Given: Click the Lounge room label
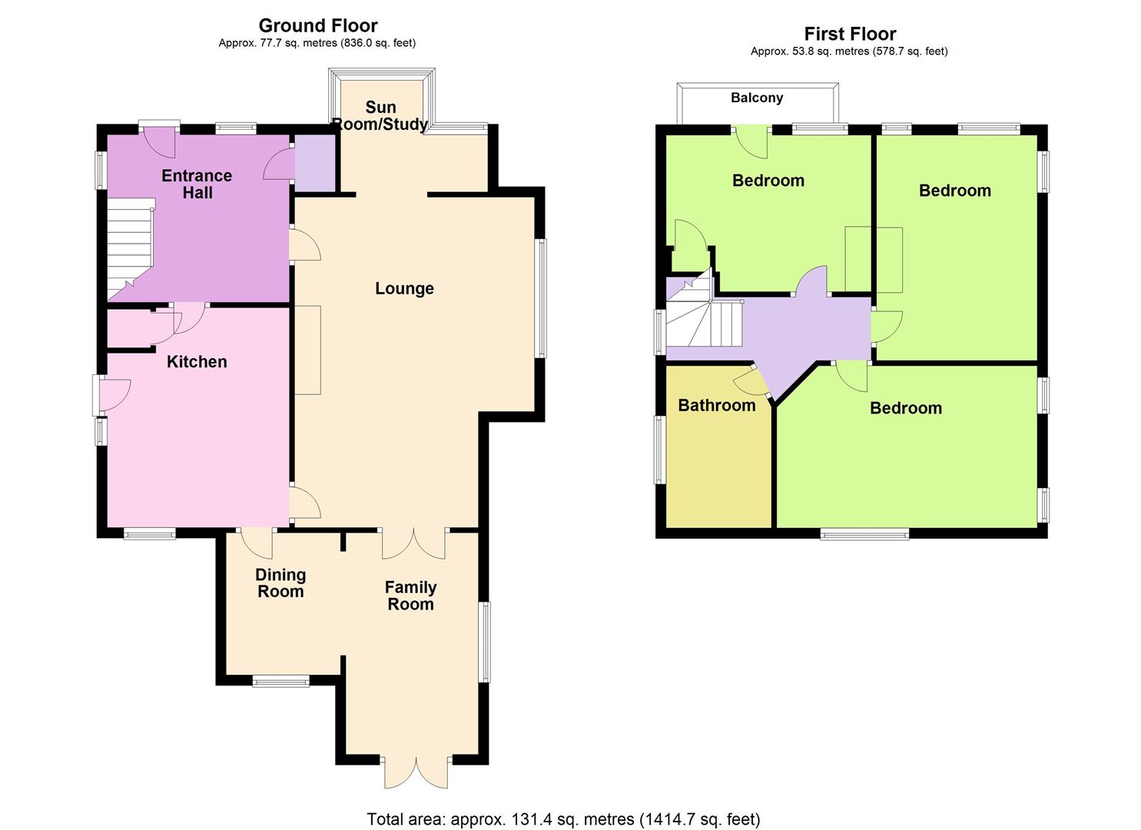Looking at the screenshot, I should coord(404,288).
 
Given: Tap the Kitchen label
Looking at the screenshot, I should coord(197,361).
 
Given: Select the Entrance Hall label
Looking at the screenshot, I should coord(197,184).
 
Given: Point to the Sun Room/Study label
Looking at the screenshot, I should coord(380,115).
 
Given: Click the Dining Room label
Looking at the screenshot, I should coord(280,583).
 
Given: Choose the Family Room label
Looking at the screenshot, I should coord(410,595).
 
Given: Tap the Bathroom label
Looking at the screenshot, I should coord(716,405).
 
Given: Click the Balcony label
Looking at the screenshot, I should coord(757,98).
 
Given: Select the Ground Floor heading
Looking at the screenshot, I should coord(318,25).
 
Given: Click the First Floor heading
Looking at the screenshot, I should coord(850,34).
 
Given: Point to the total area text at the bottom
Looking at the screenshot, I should coord(563,819).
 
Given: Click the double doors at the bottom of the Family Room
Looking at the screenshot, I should coord(416,772).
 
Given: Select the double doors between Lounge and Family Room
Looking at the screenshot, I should coord(413,543).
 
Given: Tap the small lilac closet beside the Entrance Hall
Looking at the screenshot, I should coord(315,163).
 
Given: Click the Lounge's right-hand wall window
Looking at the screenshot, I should coord(542,298).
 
